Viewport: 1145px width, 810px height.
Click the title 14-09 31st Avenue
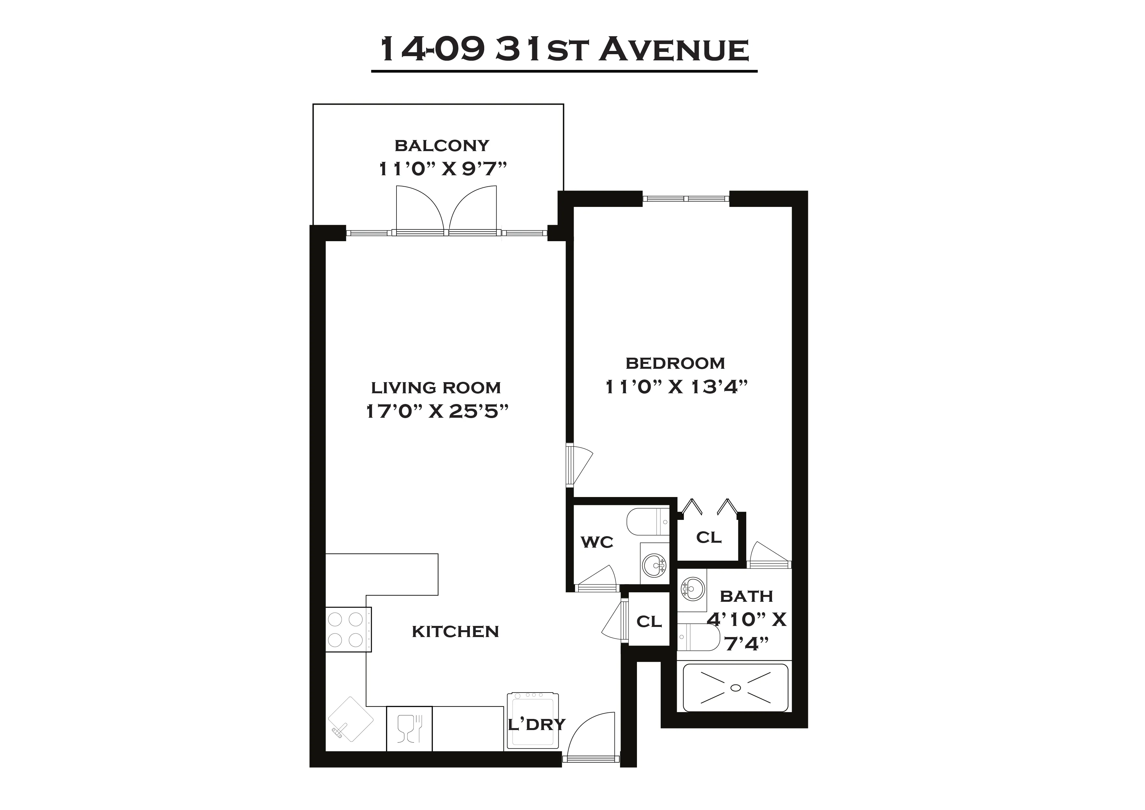point(564,50)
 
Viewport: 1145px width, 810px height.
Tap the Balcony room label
point(442,146)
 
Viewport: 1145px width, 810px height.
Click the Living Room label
point(436,388)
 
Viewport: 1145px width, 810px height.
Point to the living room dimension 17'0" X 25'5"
point(437,412)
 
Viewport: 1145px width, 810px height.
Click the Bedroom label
point(675,363)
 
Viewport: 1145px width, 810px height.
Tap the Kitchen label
point(455,631)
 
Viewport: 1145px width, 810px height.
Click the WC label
point(597,542)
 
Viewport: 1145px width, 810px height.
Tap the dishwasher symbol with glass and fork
point(409,729)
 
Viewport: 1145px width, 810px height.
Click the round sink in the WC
point(654,565)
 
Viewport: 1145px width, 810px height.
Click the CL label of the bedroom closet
point(709,538)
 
